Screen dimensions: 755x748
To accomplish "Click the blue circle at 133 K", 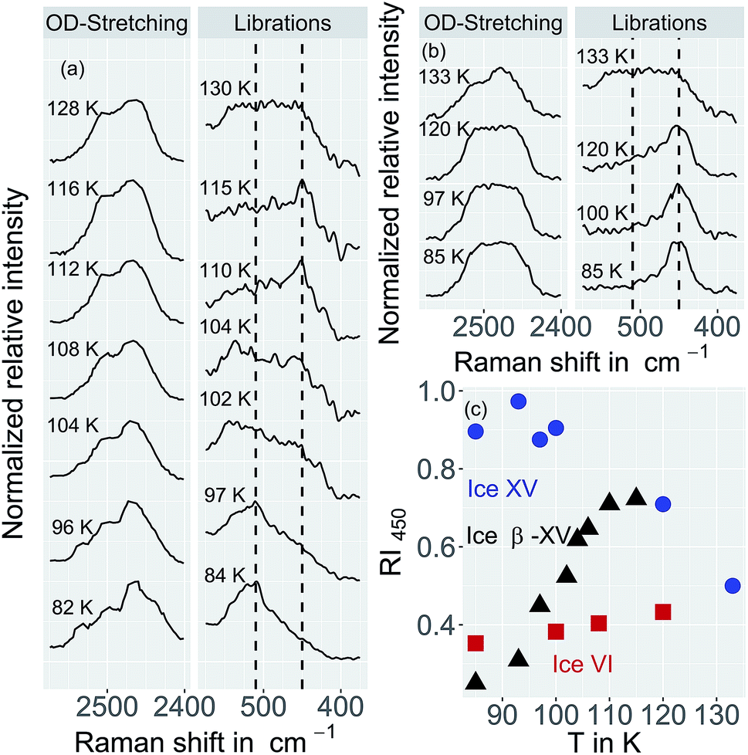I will [733, 585].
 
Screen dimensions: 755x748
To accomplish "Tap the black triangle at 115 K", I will [636, 496].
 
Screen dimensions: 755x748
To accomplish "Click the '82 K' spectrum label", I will [71, 607].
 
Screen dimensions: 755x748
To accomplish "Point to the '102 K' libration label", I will [229, 399].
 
